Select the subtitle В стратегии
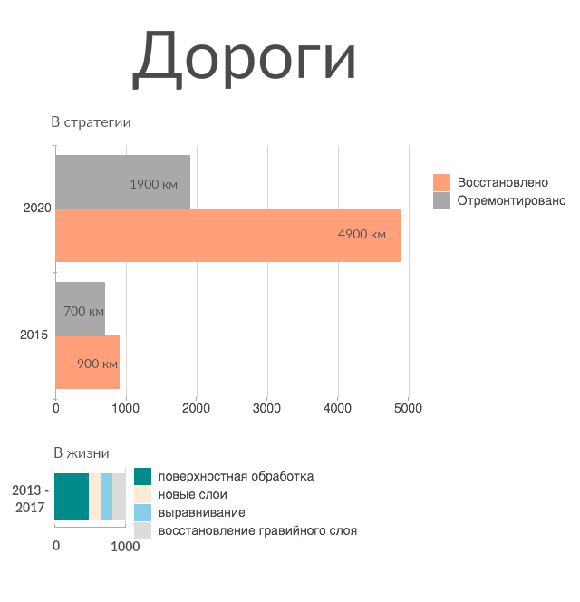pos(91,122)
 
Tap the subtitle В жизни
pos(82,453)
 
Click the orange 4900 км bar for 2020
pos(228,236)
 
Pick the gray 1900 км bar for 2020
pos(122,182)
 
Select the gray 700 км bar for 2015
pos(81,309)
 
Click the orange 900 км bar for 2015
pos(88,363)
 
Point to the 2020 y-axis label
pos(37,209)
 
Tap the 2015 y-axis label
pos(34,335)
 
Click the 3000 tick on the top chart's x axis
pos(267,408)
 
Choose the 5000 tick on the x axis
pos(408,408)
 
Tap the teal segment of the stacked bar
pos(72,497)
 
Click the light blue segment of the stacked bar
pos(107,497)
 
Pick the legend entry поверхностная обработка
pos(236,476)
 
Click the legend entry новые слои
pos(192,494)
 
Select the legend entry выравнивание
pos(201,512)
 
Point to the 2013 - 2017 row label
pos(31,498)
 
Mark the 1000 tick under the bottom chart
pos(125,547)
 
